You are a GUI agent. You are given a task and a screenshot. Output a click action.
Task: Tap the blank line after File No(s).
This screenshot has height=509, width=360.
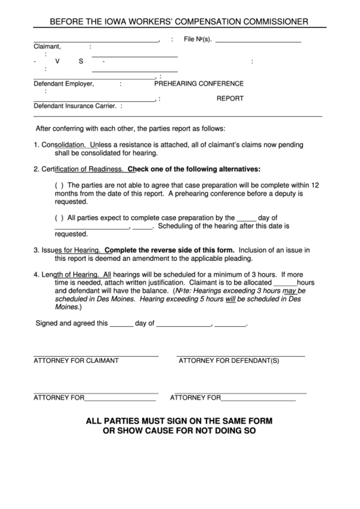257,39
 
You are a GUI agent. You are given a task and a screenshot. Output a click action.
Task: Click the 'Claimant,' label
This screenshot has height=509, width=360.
47,46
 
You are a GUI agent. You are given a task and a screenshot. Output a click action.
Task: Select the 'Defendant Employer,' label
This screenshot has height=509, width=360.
64,84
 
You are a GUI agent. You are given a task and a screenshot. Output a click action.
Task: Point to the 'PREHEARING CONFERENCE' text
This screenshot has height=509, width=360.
198,84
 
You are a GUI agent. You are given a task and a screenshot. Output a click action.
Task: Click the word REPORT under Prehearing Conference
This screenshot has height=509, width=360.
230,99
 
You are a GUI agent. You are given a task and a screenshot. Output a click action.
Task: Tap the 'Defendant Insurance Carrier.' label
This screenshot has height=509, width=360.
75,106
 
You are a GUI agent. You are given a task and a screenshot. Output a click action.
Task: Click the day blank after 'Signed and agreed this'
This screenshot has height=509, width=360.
121,323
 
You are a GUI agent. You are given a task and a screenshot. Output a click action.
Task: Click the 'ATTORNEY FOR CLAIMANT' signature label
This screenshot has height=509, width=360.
76,360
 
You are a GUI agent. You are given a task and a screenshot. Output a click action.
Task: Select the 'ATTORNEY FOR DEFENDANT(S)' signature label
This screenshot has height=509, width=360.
229,360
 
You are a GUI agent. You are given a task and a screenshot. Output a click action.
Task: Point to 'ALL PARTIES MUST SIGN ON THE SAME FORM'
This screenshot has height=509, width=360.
179,421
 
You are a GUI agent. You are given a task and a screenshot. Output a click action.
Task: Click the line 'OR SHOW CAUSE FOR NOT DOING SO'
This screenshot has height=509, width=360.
179,431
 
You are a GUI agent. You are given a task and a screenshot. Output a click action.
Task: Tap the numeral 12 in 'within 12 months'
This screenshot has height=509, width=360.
315,184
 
